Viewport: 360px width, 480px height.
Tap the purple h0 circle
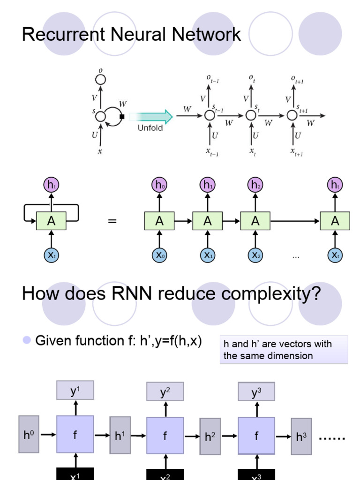[159, 185]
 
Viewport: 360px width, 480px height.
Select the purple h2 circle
[255, 185]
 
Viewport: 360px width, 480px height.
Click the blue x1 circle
[207, 255]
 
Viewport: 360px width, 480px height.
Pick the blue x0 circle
[159, 255]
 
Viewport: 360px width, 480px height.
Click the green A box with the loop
[51, 221]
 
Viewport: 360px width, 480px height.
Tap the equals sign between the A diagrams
[112, 221]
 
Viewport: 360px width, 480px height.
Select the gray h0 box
[29, 435]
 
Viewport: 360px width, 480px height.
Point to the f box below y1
[75, 435]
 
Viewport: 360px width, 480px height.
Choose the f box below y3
[256, 436]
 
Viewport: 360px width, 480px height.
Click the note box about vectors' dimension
[284, 350]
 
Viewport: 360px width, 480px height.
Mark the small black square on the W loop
[122, 117]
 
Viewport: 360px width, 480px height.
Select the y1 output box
[75, 390]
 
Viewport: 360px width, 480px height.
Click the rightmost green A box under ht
[335, 221]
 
